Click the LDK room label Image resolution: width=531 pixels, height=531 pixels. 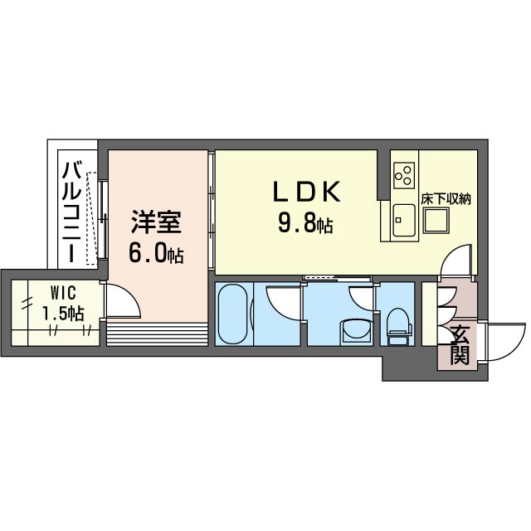tap(307, 192)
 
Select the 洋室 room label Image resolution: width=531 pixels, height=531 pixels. tap(155, 223)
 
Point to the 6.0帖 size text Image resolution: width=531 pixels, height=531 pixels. tap(155, 253)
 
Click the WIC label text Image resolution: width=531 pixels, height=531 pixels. tap(56, 293)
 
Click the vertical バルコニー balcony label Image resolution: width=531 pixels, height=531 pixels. tap(72, 213)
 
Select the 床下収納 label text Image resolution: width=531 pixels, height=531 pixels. tap(446, 199)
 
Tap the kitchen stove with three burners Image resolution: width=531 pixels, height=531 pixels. tap(405, 174)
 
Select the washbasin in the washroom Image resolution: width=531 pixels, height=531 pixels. tap(358, 330)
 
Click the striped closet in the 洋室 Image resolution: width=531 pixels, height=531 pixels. tap(155, 335)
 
